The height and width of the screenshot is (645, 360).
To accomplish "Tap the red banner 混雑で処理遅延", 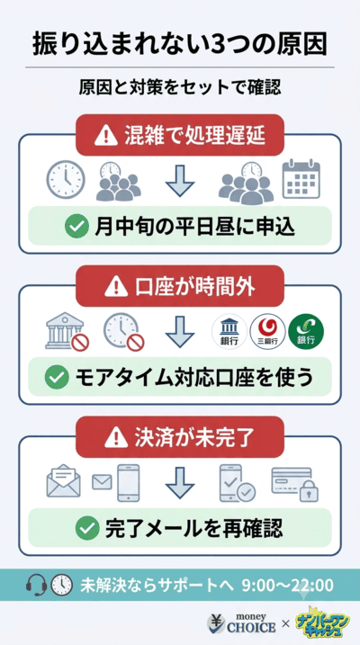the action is [180, 135].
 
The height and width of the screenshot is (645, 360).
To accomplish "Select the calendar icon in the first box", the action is [301, 179].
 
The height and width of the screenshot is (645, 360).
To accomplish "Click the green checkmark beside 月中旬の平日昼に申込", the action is [76, 226].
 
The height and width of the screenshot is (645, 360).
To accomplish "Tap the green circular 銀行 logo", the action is [306, 332].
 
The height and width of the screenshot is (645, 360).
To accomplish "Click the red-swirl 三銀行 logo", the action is [268, 332].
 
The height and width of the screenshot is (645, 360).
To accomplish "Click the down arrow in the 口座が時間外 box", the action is [180, 332].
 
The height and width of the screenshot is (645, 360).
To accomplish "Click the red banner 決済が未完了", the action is [180, 437].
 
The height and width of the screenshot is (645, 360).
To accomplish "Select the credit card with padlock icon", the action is [295, 484].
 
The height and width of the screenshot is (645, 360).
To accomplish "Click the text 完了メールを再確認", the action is [193, 529].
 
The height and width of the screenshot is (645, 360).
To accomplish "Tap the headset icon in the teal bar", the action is [36, 584].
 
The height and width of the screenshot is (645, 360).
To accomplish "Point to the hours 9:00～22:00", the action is [288, 585].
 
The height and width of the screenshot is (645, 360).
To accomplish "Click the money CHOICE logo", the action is [241, 623].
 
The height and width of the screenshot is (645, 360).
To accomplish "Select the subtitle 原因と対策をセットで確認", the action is [180, 87].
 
